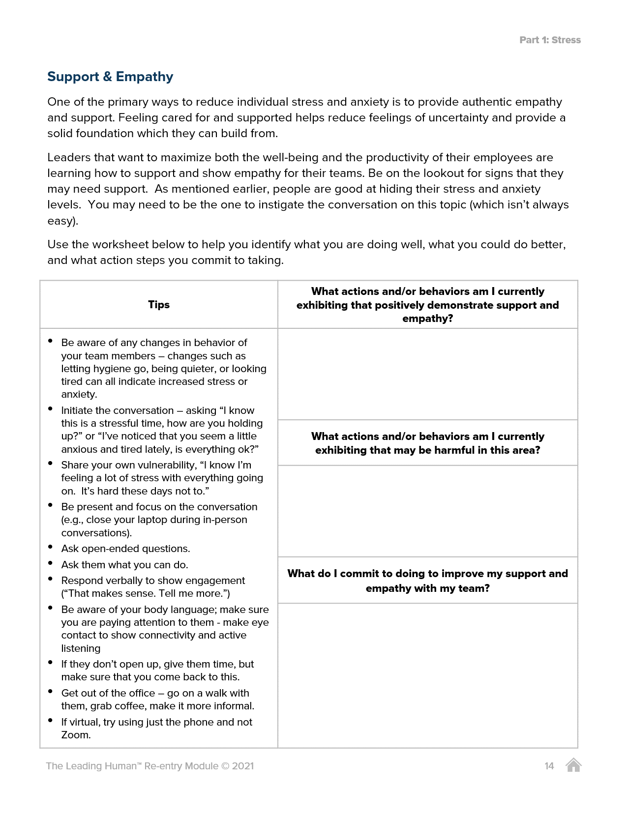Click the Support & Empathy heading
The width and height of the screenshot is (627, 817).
(x=110, y=77)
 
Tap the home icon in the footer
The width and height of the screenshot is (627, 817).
(x=573, y=765)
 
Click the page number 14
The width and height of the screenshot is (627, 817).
(x=549, y=766)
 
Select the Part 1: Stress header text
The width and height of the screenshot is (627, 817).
(x=550, y=40)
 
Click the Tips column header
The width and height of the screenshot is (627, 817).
(x=159, y=305)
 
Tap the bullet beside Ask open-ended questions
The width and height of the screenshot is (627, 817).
(x=51, y=547)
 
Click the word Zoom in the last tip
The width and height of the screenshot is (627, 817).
(x=76, y=735)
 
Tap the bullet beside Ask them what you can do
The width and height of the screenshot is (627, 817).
(x=51, y=563)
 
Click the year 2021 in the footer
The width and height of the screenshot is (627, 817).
(x=243, y=766)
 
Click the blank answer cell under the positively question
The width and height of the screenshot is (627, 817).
(x=427, y=374)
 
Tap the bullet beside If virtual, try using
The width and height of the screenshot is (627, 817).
(x=51, y=720)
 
